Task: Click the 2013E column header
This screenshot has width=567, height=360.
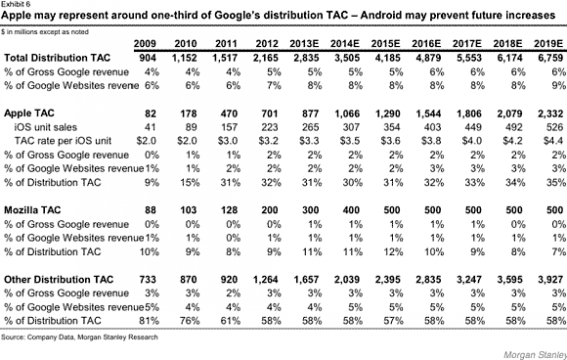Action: (x=304, y=44)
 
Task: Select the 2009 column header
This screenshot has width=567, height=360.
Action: (x=145, y=44)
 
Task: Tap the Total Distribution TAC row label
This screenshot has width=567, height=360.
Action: (x=57, y=58)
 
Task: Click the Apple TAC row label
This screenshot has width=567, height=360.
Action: (x=29, y=113)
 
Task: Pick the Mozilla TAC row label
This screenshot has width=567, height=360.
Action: (x=32, y=210)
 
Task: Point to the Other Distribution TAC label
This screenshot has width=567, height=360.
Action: (x=59, y=280)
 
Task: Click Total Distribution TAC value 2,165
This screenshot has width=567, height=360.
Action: (x=266, y=58)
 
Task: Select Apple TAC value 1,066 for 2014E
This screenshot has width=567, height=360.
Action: (x=347, y=113)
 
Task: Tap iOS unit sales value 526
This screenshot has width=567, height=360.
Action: (x=555, y=127)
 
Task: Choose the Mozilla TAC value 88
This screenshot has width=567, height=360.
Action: (x=151, y=210)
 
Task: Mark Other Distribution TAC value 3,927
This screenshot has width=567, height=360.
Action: (x=550, y=280)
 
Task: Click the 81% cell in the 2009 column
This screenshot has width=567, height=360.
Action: (x=149, y=321)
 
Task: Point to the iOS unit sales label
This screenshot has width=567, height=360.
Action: (x=46, y=127)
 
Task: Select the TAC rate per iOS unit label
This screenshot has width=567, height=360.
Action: (x=63, y=141)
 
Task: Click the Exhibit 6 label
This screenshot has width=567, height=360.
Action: (x=16, y=4)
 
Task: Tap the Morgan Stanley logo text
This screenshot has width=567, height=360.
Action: (x=535, y=354)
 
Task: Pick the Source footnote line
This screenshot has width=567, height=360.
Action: (x=79, y=337)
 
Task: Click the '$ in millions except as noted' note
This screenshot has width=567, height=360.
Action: (x=44, y=32)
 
